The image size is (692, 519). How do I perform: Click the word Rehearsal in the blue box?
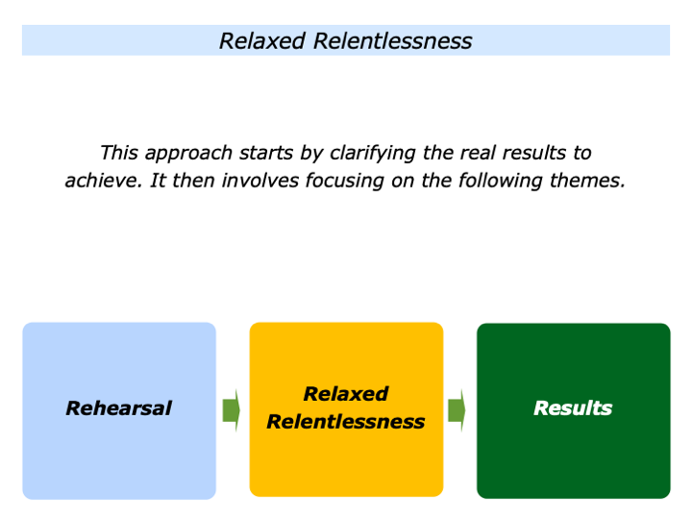118,408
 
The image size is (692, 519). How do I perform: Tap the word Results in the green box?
573,408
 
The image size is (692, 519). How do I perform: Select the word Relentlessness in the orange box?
346,422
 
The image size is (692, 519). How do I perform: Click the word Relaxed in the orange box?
346,394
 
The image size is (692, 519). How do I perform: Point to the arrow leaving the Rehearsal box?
232,409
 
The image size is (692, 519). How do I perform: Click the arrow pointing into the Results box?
457,409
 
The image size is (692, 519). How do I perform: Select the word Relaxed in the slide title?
260,40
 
